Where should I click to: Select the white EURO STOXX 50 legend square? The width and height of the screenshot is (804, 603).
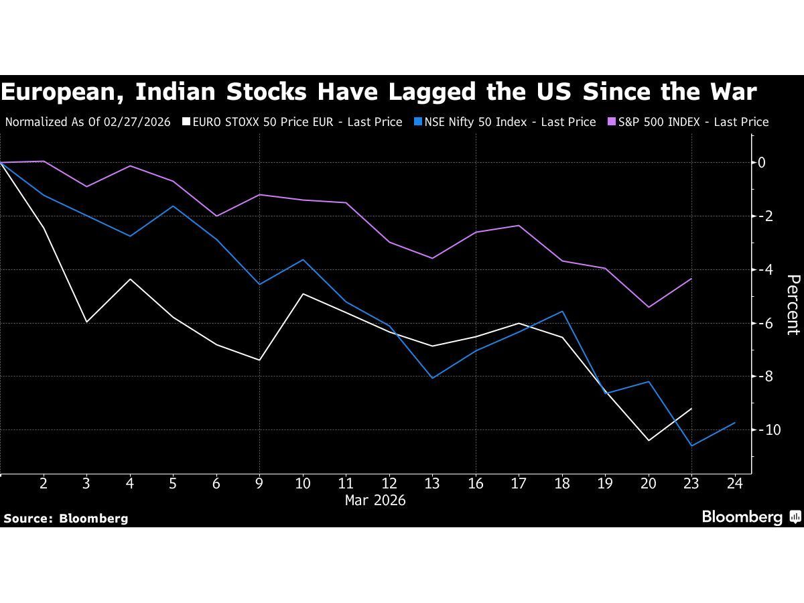(x=187, y=122)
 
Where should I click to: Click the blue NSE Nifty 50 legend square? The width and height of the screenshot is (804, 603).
(x=417, y=122)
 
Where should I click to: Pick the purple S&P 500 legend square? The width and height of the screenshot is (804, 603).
(x=611, y=122)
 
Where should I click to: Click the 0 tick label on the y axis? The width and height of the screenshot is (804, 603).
(x=762, y=162)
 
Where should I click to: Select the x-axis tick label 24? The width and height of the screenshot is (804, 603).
(x=735, y=484)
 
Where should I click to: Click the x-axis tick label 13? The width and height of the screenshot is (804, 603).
(x=432, y=484)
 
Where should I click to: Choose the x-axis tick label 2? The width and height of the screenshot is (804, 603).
(x=44, y=484)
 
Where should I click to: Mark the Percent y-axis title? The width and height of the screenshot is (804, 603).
(x=793, y=305)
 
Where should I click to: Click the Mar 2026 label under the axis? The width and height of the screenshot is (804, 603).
(x=375, y=500)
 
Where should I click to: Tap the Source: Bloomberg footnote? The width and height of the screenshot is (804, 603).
(x=66, y=518)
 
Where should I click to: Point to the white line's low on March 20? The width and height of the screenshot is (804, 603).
(x=649, y=440)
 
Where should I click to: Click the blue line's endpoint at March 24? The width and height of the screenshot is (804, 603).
(x=735, y=423)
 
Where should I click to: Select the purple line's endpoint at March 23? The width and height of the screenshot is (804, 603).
(x=691, y=279)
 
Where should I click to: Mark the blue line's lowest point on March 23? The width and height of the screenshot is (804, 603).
(x=691, y=446)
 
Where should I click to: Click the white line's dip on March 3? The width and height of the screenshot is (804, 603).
(x=86, y=322)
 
